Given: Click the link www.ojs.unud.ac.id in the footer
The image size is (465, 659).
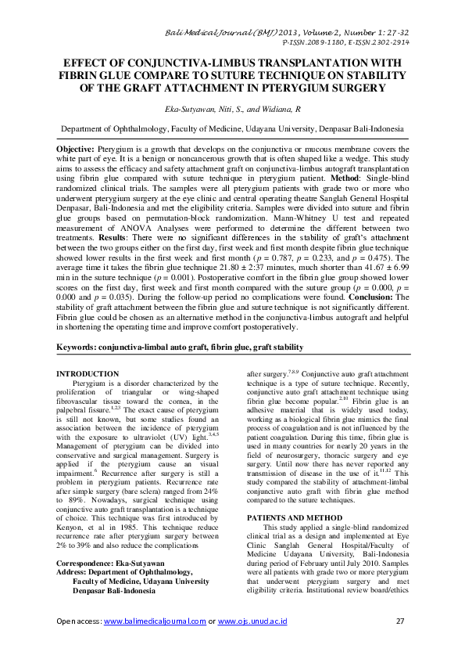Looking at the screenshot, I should click(252, 621).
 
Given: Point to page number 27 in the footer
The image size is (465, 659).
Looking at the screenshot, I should click(402, 621).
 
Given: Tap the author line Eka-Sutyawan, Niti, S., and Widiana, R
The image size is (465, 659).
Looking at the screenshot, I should click(232, 113).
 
